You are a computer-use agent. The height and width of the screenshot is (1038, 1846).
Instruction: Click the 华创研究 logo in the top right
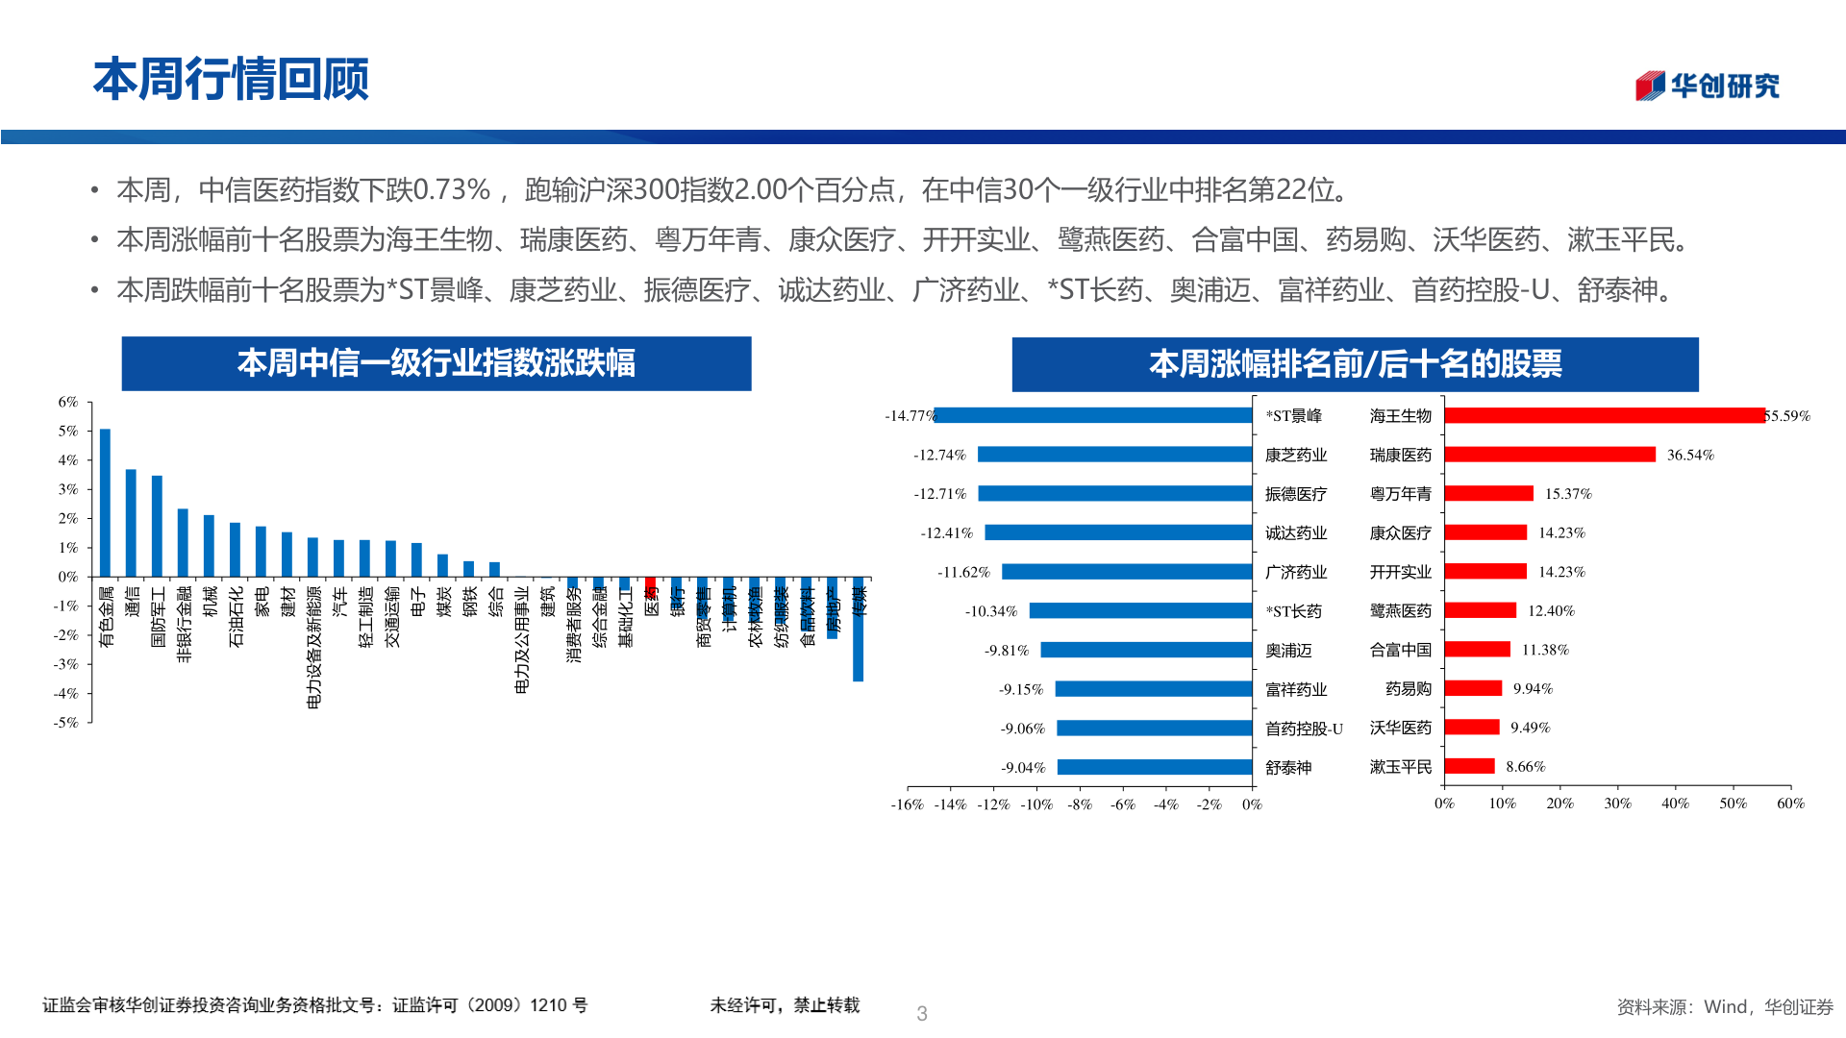click(1708, 86)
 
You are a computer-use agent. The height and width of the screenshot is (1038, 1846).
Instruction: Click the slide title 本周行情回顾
click(231, 79)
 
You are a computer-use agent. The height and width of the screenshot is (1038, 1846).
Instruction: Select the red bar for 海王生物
click(1604, 415)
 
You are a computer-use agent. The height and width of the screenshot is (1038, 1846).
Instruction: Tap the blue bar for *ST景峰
click(1094, 415)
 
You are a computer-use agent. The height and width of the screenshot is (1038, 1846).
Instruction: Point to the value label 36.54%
click(1689, 455)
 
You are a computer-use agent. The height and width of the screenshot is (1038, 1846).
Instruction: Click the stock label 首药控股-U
click(1303, 729)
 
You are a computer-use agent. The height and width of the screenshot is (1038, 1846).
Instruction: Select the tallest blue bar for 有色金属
click(105, 503)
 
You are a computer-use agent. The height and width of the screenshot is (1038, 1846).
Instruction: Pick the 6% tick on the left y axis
click(67, 402)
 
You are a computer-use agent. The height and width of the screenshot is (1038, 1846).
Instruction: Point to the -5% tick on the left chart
click(65, 723)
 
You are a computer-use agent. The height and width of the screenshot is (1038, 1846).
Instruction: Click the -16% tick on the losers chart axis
click(907, 804)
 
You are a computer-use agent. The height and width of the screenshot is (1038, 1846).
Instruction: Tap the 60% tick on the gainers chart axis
click(1790, 803)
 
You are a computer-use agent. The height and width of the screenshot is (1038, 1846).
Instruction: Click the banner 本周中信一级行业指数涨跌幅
click(436, 363)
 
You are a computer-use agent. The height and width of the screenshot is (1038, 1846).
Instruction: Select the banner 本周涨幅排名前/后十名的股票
click(1354, 364)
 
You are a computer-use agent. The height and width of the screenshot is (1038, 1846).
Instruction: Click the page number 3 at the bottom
click(921, 1013)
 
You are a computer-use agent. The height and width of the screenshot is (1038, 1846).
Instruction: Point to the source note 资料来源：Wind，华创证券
click(1724, 1006)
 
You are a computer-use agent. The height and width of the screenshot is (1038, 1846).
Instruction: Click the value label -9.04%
click(1022, 767)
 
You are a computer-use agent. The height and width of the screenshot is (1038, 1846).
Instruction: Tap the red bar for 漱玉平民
click(1469, 766)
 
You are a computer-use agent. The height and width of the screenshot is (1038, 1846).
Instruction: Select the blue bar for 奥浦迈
click(1146, 650)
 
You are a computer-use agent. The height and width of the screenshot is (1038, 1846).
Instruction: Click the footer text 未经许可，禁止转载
click(785, 1005)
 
